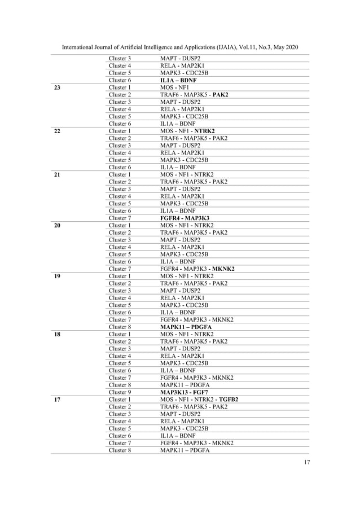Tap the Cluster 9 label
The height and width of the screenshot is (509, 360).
click(x=120, y=392)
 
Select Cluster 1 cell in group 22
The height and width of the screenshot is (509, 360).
click(x=120, y=131)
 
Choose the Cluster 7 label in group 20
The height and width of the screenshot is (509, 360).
click(x=120, y=269)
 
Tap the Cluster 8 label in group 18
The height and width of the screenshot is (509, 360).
click(x=120, y=385)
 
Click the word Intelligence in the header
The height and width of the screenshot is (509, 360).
click(x=155, y=47)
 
